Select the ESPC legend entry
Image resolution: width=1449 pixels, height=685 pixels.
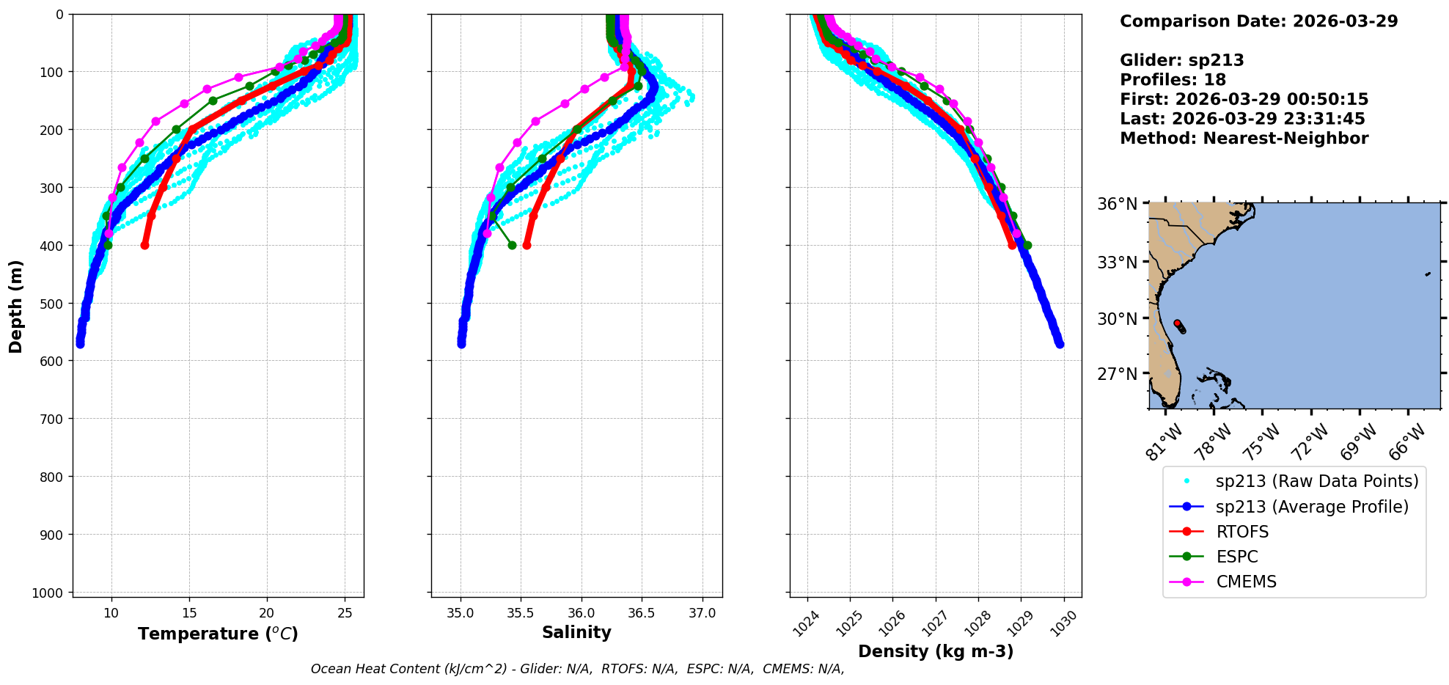[1236, 557]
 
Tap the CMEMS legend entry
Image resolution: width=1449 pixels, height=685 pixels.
[1246, 582]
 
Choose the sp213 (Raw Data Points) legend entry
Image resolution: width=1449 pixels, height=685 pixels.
[1316, 481]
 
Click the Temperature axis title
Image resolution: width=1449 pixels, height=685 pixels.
[218, 634]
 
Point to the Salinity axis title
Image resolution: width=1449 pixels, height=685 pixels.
[576, 632]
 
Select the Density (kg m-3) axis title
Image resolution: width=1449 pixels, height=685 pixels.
[936, 651]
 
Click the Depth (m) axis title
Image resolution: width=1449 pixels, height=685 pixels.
[15, 306]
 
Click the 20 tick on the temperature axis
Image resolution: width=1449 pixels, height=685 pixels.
[267, 613]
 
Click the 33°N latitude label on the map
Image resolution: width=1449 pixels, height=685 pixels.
[1117, 262]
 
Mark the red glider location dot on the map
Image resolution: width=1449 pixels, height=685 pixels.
[1177, 323]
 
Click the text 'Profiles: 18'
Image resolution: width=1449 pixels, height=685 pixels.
[1173, 80]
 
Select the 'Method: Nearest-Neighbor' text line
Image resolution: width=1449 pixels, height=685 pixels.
[1244, 139]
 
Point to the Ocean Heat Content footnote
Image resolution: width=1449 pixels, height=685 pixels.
[577, 669]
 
